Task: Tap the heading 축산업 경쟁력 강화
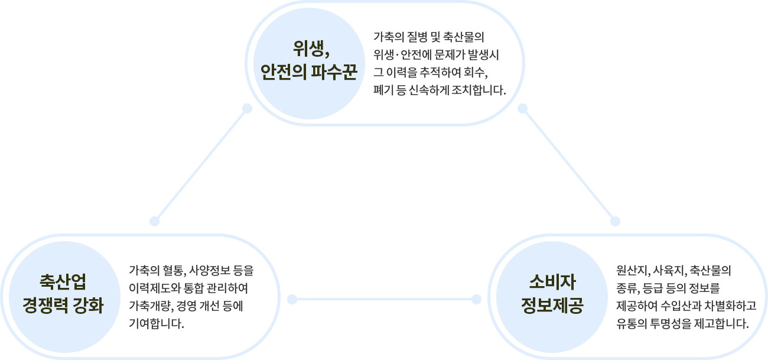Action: click(x=63, y=294)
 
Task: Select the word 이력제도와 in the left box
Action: click(x=149, y=289)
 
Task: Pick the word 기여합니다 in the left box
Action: click(x=155, y=325)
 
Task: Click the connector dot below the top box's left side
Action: click(x=248, y=109)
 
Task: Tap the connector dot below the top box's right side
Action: click(x=522, y=109)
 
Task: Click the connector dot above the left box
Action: click(x=155, y=221)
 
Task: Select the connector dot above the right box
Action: click(x=615, y=221)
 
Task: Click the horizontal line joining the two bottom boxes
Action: click(x=384, y=299)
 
